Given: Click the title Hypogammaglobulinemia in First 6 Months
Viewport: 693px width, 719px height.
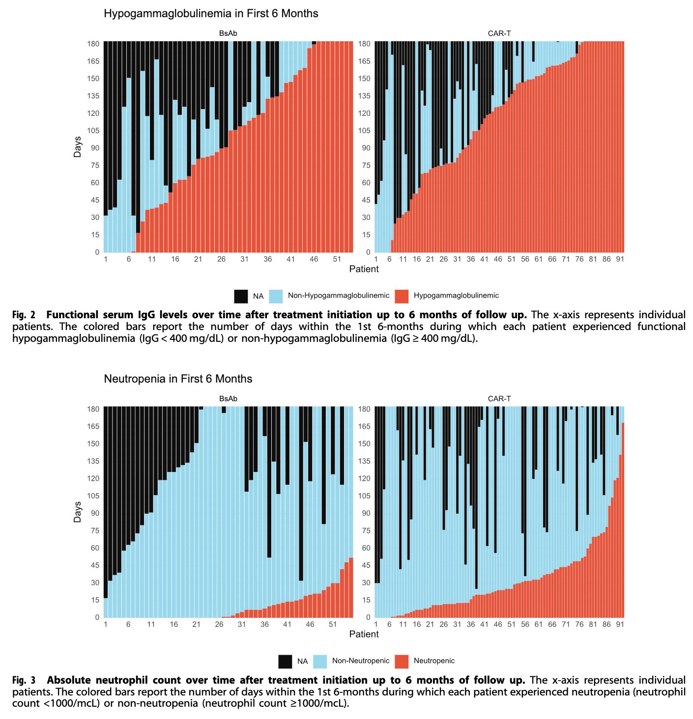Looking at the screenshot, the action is pos(211,14).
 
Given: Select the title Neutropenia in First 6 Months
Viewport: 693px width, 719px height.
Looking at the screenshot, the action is pos(178,379).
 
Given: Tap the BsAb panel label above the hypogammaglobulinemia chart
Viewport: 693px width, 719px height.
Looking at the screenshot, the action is pos(228,33).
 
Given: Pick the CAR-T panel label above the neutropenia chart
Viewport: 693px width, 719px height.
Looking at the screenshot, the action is pos(499,399).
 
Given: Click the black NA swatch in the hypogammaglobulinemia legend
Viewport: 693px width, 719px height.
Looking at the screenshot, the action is pos(241,296).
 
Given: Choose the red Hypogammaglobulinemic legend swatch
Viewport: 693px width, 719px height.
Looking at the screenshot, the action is pos(402,296).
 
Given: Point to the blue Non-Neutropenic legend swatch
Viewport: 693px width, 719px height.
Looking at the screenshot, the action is pos(320,662).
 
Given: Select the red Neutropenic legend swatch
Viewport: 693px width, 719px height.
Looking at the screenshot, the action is pos(402,662).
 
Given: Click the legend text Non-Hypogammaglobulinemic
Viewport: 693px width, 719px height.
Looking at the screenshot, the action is pos(338,296).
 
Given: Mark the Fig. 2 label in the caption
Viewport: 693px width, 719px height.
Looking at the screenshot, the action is pos(24,315).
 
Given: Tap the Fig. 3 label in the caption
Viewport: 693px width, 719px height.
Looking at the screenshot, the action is pos(24,680).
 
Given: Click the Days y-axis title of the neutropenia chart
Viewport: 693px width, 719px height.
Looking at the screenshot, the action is pos(77,512).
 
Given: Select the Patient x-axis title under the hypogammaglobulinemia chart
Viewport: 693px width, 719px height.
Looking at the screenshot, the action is pos(364,269).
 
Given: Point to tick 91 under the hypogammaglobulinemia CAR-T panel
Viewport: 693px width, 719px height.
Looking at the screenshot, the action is pos(620,259).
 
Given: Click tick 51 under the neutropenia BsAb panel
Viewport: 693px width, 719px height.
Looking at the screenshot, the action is pos(333,624).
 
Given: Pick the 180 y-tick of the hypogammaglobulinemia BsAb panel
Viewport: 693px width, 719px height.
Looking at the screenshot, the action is pos(93,44).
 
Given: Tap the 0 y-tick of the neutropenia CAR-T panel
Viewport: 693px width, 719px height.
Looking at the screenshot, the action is pos(368,617).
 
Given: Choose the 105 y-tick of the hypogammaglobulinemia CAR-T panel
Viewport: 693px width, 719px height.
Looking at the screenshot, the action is pos(364,131).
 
